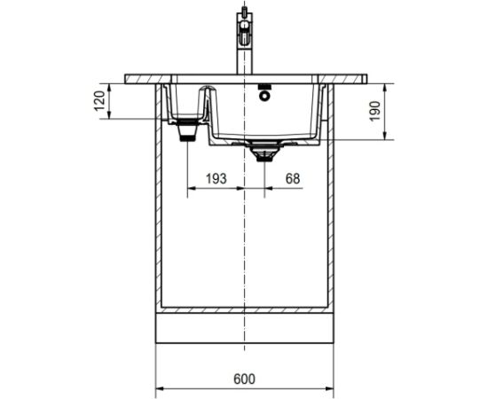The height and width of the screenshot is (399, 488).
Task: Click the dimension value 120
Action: coord(99,101)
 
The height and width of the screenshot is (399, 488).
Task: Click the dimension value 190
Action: coord(374,111)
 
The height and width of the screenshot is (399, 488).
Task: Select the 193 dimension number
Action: coord(216,178)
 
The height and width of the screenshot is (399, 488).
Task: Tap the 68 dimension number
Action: coord(293,178)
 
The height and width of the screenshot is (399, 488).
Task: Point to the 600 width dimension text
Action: coord(244,379)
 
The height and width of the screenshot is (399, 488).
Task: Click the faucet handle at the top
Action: coord(245,29)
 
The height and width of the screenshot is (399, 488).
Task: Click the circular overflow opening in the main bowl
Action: coord(264,96)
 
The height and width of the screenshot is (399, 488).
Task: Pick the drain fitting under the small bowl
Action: coord(187,130)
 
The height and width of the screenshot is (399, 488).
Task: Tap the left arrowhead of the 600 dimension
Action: coord(160,388)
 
